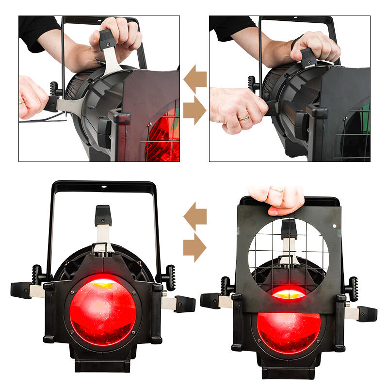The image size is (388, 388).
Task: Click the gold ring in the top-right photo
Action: [243, 118]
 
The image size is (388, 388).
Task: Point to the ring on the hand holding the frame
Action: [277, 190]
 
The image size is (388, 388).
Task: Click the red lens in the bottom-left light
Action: [103, 310]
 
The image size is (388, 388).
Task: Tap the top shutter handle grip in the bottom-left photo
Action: [103, 215]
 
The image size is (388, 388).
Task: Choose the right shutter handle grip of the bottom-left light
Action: [184, 304]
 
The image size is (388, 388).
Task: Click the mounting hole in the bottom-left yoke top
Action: [103, 186]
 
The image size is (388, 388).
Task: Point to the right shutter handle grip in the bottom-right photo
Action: [367, 314]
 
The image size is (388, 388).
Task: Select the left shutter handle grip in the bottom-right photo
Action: [210, 300]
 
